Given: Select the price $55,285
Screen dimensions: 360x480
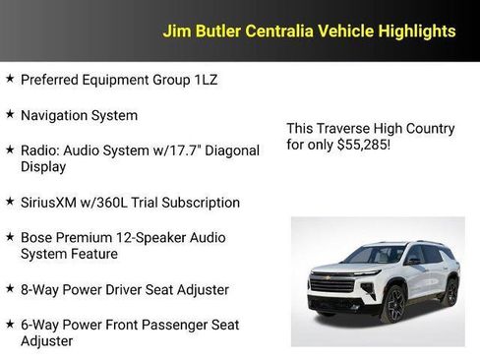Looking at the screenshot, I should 361,145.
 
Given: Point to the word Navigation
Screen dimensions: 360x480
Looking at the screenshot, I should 55,115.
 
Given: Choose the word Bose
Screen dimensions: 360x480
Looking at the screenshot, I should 38,238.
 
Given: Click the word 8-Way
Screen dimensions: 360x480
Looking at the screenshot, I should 41,289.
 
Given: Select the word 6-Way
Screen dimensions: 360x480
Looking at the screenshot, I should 41,325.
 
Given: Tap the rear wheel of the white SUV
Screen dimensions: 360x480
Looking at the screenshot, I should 450,291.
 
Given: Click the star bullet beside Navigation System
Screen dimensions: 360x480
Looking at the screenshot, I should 10,114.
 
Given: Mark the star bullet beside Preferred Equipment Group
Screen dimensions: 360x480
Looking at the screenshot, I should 10,79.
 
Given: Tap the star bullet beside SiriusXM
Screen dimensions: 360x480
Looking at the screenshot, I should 10,202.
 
